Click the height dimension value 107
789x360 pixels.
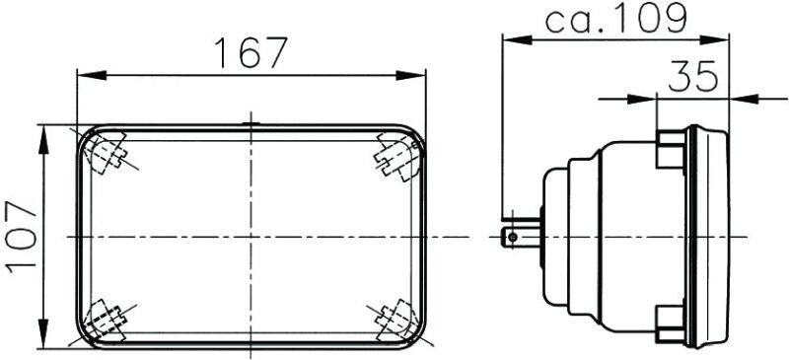[21, 237]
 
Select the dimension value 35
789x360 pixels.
[692, 76]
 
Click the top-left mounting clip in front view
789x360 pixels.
[106, 153]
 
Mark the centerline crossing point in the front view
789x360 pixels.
[251, 237]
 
